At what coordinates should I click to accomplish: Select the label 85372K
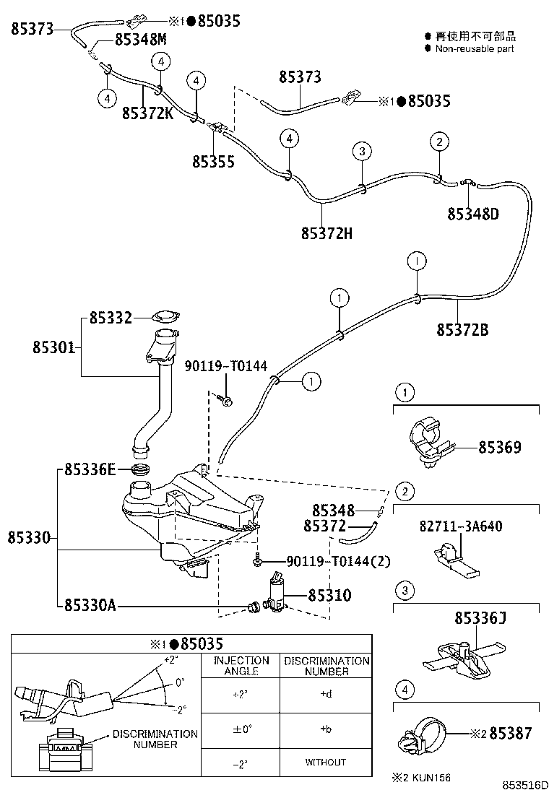[147, 113]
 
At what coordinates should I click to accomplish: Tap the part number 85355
[213, 161]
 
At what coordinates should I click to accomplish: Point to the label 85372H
[327, 233]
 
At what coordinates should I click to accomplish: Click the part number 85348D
[473, 214]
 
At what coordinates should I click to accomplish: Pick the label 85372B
[462, 330]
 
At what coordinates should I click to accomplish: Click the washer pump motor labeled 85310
[276, 594]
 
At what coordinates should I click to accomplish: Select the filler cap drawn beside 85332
[166, 317]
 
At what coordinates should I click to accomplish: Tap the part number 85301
[53, 347]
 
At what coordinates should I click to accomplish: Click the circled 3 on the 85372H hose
[363, 151]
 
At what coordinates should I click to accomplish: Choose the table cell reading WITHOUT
[325, 762]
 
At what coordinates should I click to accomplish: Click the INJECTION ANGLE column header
[241, 666]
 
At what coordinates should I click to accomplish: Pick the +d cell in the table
[325, 695]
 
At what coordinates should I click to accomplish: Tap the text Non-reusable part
[474, 48]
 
